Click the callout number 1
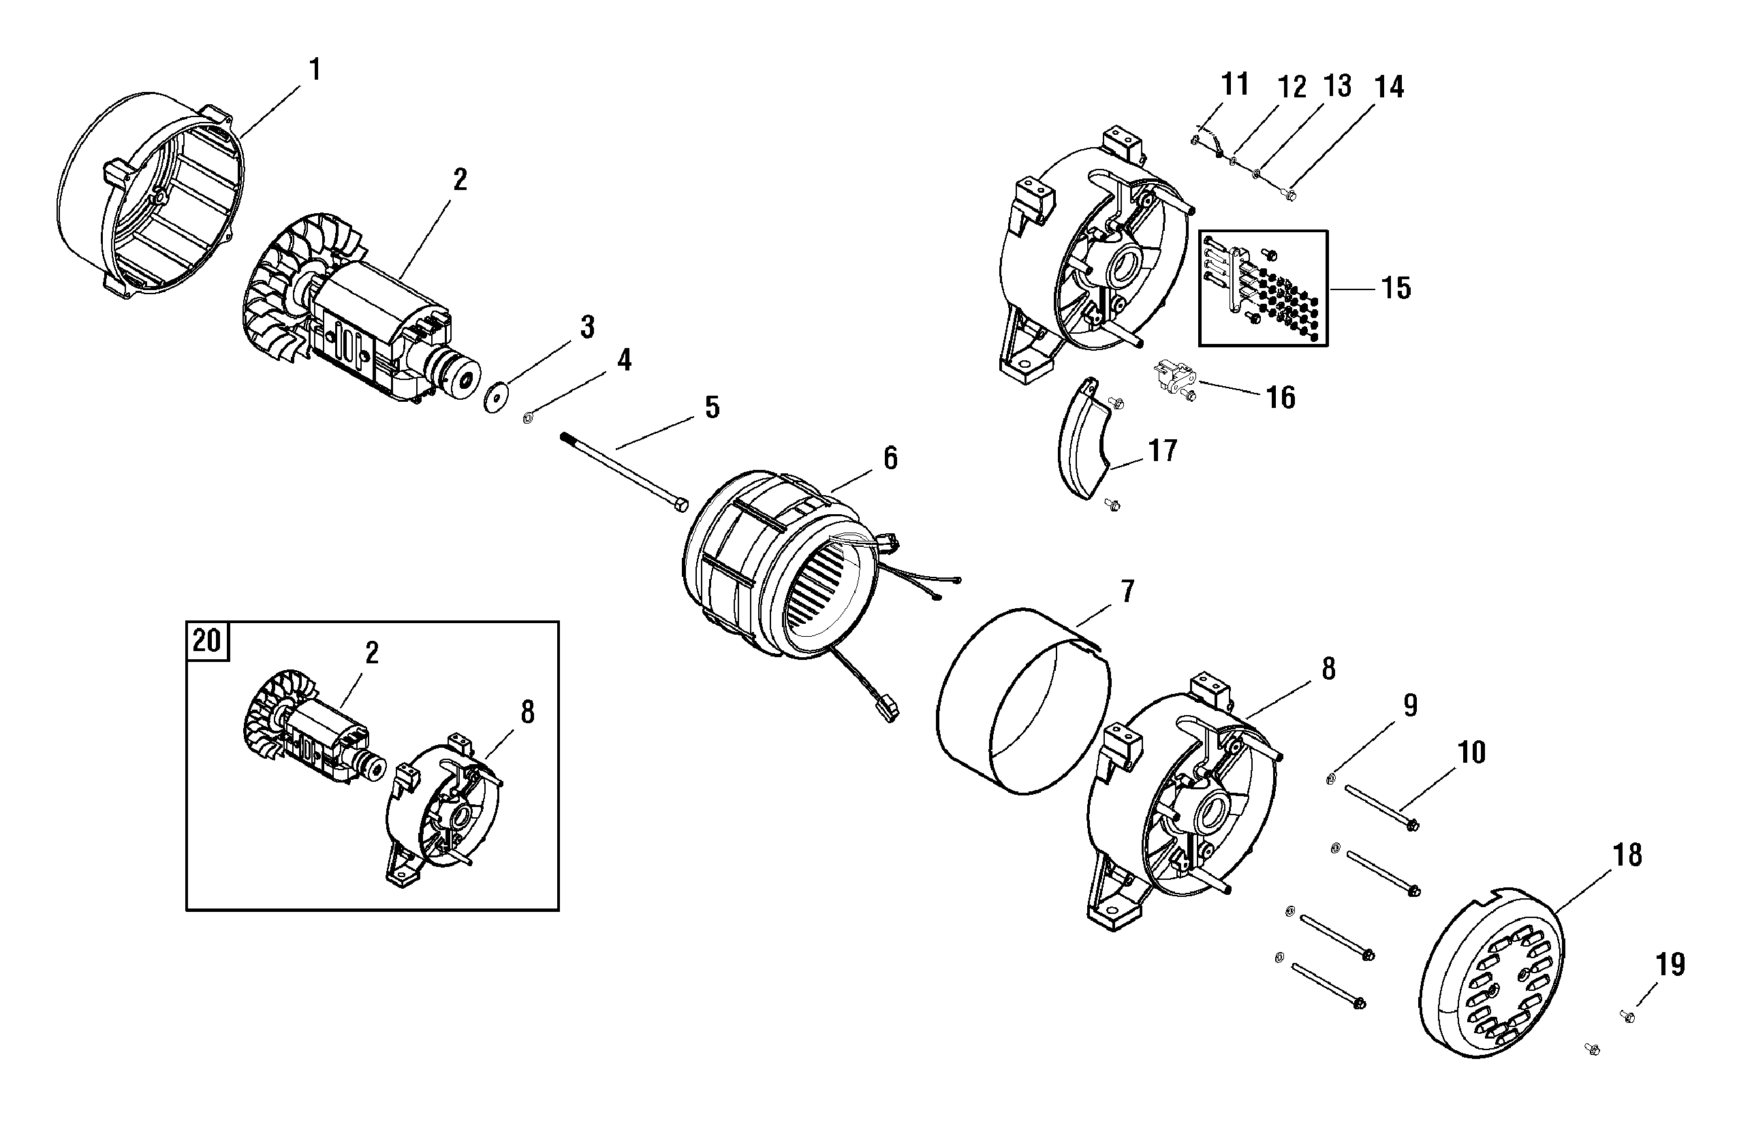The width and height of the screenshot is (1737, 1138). pyautogui.click(x=315, y=70)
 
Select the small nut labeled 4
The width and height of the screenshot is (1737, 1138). pyautogui.click(x=528, y=418)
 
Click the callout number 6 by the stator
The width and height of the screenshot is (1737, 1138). pyautogui.click(x=890, y=458)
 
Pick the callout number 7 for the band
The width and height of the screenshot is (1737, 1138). pyautogui.click(x=1127, y=592)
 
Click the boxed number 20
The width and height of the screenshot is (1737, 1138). pyautogui.click(x=206, y=640)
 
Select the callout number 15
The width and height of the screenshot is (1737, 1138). pyautogui.click(x=1396, y=288)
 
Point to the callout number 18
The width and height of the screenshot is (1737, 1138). pyautogui.click(x=1627, y=855)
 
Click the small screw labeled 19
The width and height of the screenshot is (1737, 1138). pyautogui.click(x=1627, y=1016)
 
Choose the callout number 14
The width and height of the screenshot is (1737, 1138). pyautogui.click(x=1389, y=86)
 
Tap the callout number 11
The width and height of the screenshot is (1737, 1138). pyautogui.click(x=1235, y=84)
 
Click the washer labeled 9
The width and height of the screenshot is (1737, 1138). pyautogui.click(x=1330, y=780)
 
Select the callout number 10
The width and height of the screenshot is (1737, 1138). pyautogui.click(x=1471, y=752)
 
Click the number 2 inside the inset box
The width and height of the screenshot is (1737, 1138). pyautogui.click(x=371, y=653)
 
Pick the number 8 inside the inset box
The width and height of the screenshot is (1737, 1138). pyautogui.click(x=527, y=712)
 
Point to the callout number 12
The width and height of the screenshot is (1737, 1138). pyautogui.click(x=1292, y=88)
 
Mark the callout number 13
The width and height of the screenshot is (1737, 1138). pyautogui.click(x=1338, y=86)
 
